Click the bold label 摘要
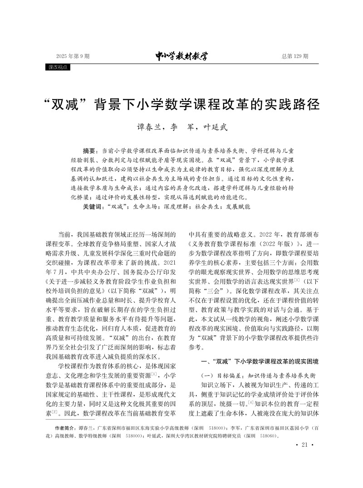90,150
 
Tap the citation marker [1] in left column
154,374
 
